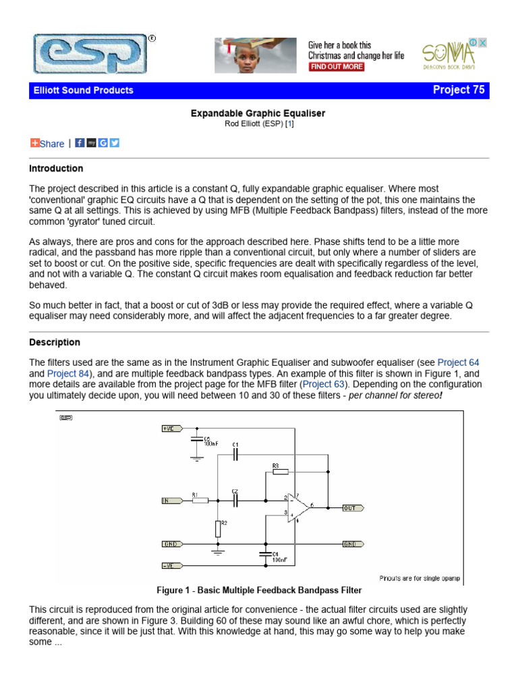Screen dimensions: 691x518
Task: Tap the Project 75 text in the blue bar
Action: coord(458,90)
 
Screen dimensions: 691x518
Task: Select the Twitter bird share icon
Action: coord(115,142)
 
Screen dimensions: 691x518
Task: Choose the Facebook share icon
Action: coord(80,142)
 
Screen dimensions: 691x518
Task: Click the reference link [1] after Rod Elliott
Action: coord(289,124)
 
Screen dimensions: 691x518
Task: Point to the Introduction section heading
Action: coord(56,168)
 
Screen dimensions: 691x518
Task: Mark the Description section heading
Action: coord(55,342)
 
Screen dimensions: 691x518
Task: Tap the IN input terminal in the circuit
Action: coord(168,501)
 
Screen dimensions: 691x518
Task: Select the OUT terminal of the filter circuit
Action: coord(352,508)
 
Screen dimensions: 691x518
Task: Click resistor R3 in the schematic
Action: coord(279,471)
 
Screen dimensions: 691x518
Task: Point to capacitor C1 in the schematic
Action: coord(235,453)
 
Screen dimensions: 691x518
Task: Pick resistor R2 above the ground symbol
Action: coord(218,528)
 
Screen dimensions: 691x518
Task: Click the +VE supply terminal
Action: coord(169,428)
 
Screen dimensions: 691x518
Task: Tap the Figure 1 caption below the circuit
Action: coord(259,590)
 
